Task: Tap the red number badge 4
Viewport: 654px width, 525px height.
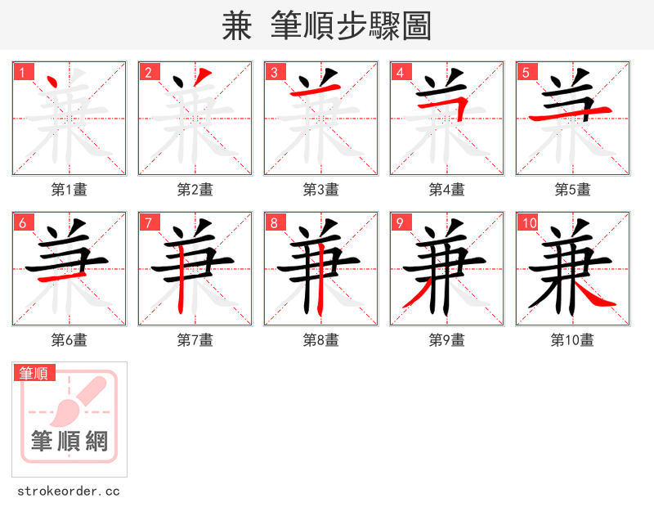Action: click(x=401, y=72)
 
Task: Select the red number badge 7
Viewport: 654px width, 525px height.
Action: click(x=149, y=222)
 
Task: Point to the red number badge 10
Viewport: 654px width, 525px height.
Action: click(x=529, y=222)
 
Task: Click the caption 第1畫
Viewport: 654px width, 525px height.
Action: click(x=69, y=190)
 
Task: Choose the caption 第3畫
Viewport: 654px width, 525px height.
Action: click(x=321, y=190)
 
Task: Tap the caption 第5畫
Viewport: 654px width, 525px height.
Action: click(x=573, y=190)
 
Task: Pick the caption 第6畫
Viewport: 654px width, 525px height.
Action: click(x=69, y=340)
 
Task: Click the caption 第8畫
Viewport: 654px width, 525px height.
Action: click(x=321, y=340)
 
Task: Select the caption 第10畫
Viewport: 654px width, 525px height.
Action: click(x=573, y=340)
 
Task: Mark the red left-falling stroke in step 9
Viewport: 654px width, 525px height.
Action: click(x=418, y=293)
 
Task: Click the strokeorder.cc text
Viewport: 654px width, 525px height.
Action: click(x=69, y=491)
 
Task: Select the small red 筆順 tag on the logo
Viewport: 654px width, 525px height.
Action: click(x=35, y=373)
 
